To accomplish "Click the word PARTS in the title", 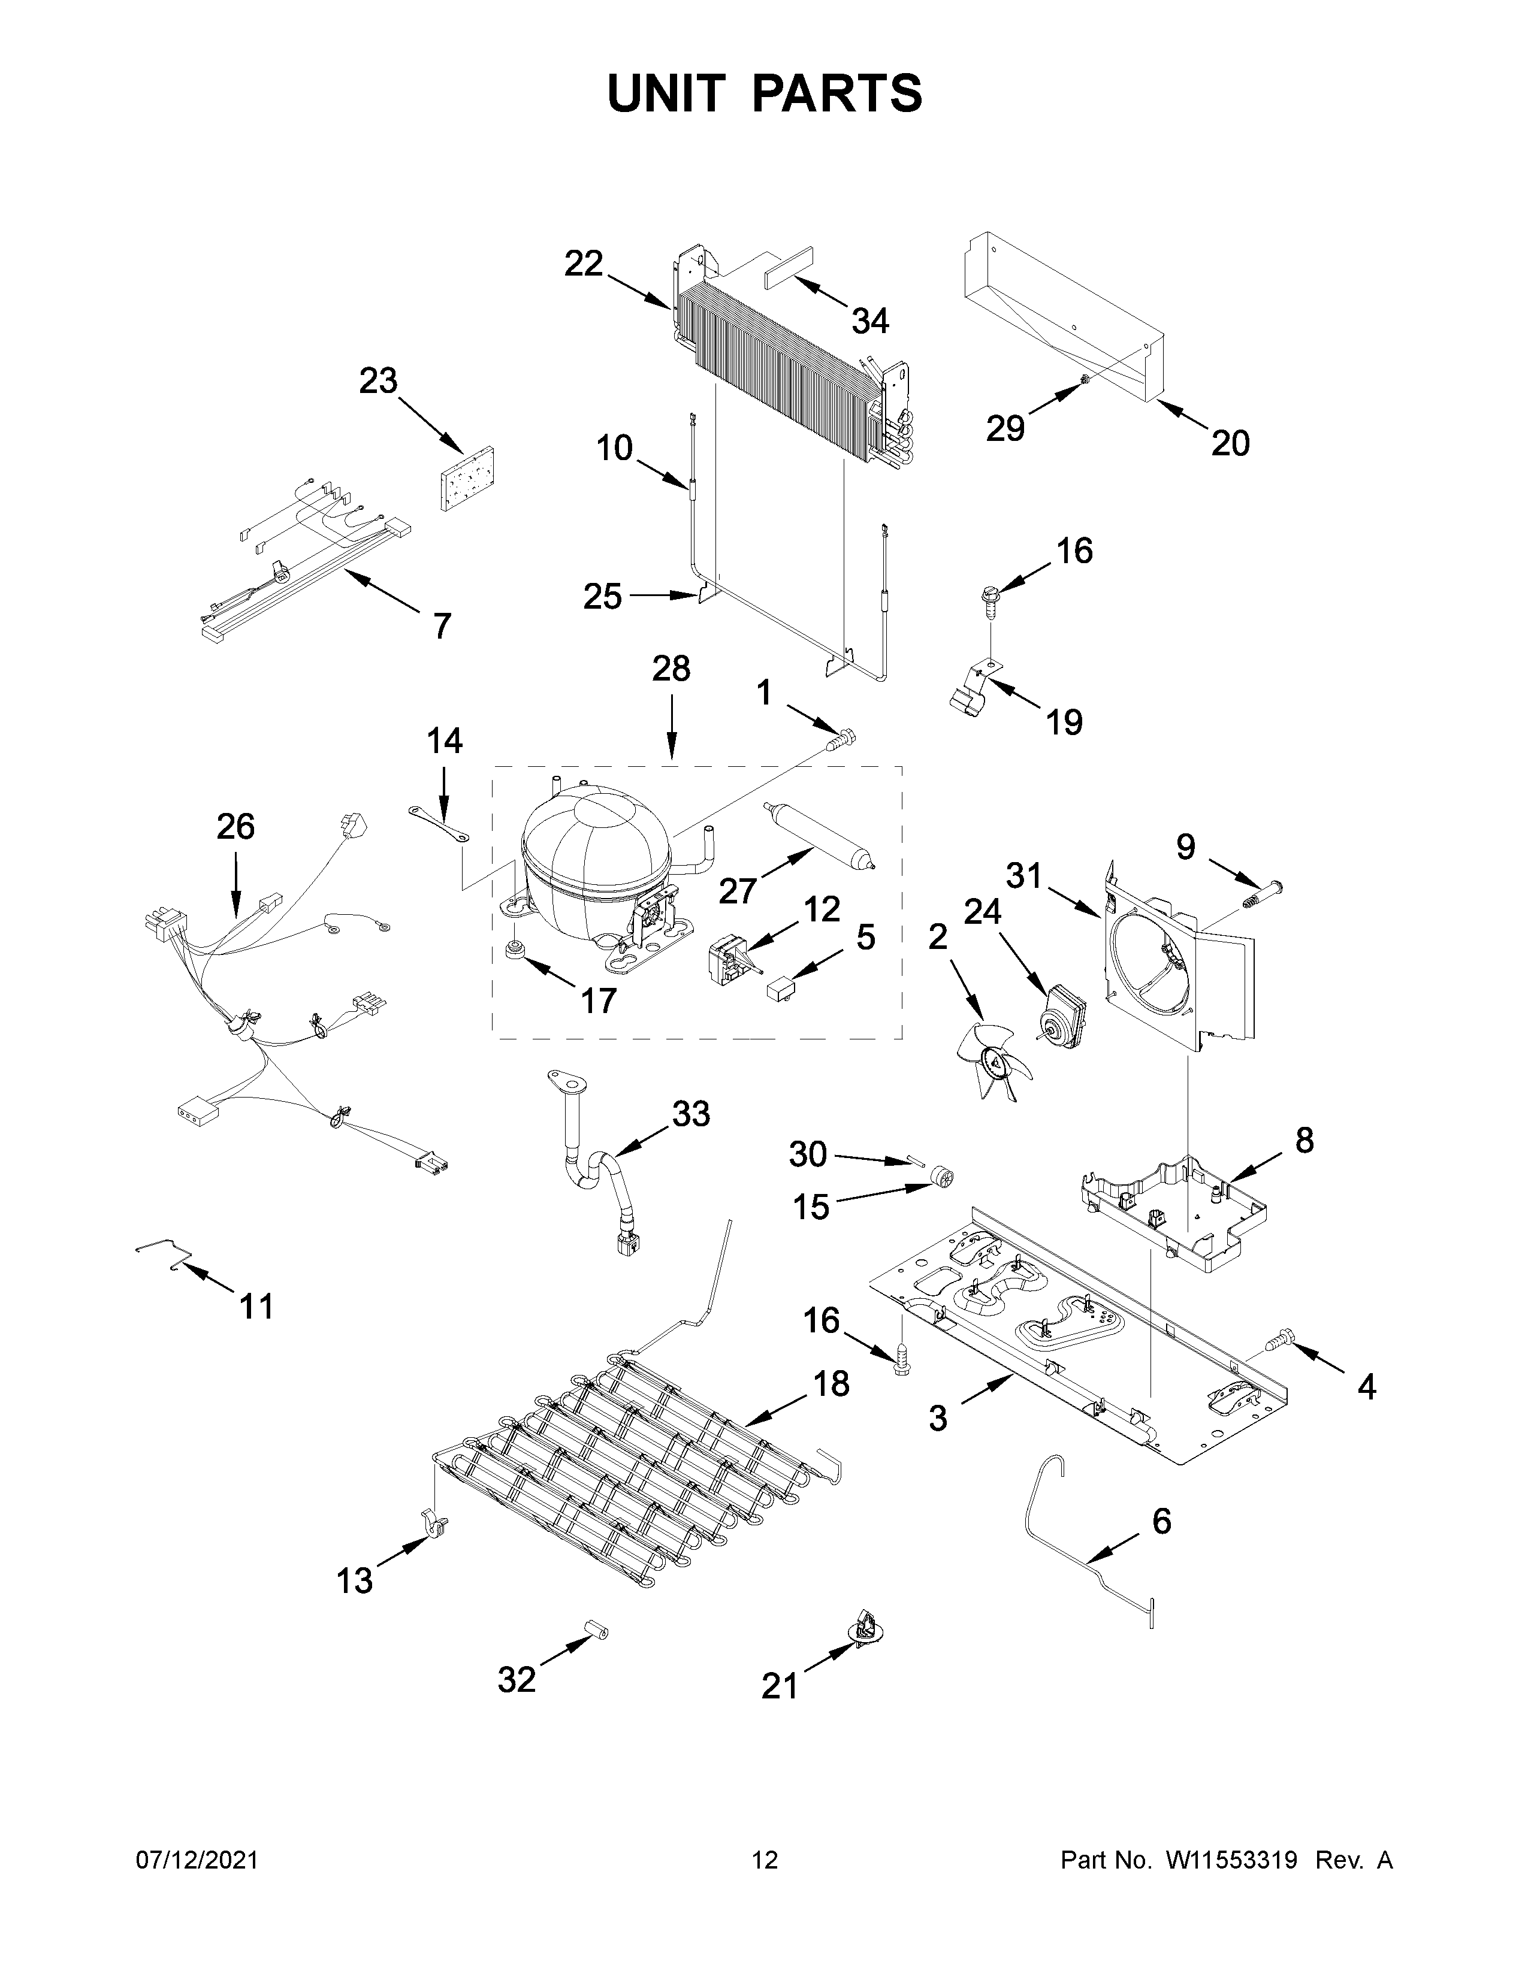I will [x=837, y=93].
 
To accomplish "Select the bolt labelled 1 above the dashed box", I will [x=841, y=739].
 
